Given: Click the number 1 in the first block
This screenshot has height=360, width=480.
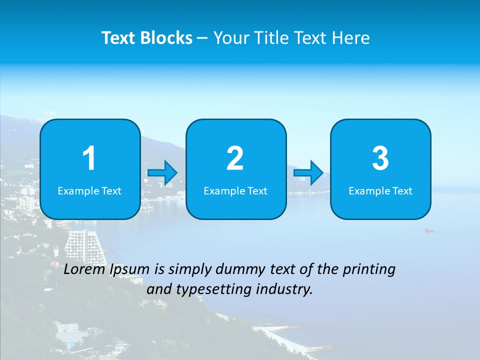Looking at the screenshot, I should [x=89, y=158].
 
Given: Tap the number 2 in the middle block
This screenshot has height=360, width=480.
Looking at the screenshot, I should [x=235, y=158].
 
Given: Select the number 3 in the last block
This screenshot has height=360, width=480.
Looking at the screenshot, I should [x=380, y=158].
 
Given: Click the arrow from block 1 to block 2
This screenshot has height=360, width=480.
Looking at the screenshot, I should [x=162, y=173].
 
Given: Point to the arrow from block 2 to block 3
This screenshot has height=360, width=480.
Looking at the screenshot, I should [x=308, y=173].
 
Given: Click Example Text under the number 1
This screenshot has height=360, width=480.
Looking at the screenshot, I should [x=89, y=190].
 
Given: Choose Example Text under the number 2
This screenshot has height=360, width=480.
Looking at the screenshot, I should [x=235, y=190].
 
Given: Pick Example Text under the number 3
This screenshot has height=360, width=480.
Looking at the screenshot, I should [x=380, y=190].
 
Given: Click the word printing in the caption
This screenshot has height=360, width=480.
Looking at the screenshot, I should [x=369, y=270].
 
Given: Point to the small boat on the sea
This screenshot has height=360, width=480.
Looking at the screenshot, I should [x=428, y=230].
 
